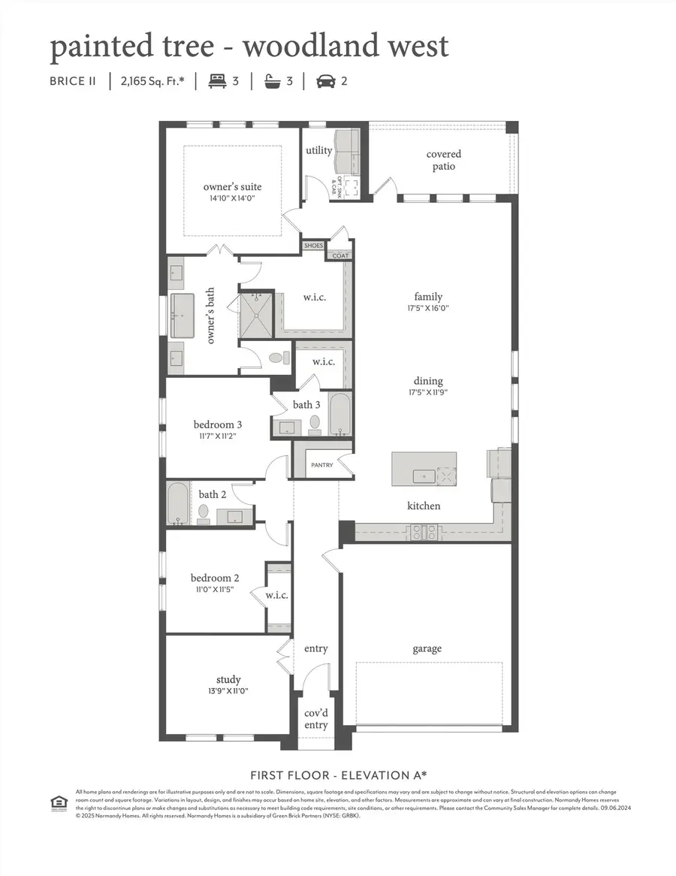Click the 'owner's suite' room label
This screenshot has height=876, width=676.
pyautogui.click(x=232, y=187)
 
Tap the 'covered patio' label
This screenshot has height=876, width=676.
pyautogui.click(x=444, y=160)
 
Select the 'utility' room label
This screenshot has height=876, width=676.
pyautogui.click(x=318, y=150)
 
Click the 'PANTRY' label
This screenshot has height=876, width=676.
pyautogui.click(x=321, y=465)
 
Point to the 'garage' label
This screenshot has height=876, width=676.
pyautogui.click(x=427, y=648)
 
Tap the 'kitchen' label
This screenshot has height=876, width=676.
pyautogui.click(x=424, y=506)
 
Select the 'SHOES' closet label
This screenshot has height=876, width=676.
pyautogui.click(x=312, y=246)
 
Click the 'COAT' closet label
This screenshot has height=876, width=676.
pyautogui.click(x=340, y=255)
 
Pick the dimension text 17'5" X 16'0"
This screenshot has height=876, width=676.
pyautogui.click(x=428, y=308)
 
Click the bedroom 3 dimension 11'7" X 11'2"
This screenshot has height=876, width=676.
pyautogui.click(x=217, y=436)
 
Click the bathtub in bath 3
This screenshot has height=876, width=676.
pyautogui.click(x=340, y=414)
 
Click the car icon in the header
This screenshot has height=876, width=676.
pyautogui.click(x=325, y=81)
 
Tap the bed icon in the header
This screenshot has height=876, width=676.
pyautogui.click(x=217, y=81)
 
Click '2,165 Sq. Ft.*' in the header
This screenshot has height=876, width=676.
pyautogui.click(x=152, y=81)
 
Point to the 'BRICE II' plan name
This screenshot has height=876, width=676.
pyautogui.click(x=74, y=81)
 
